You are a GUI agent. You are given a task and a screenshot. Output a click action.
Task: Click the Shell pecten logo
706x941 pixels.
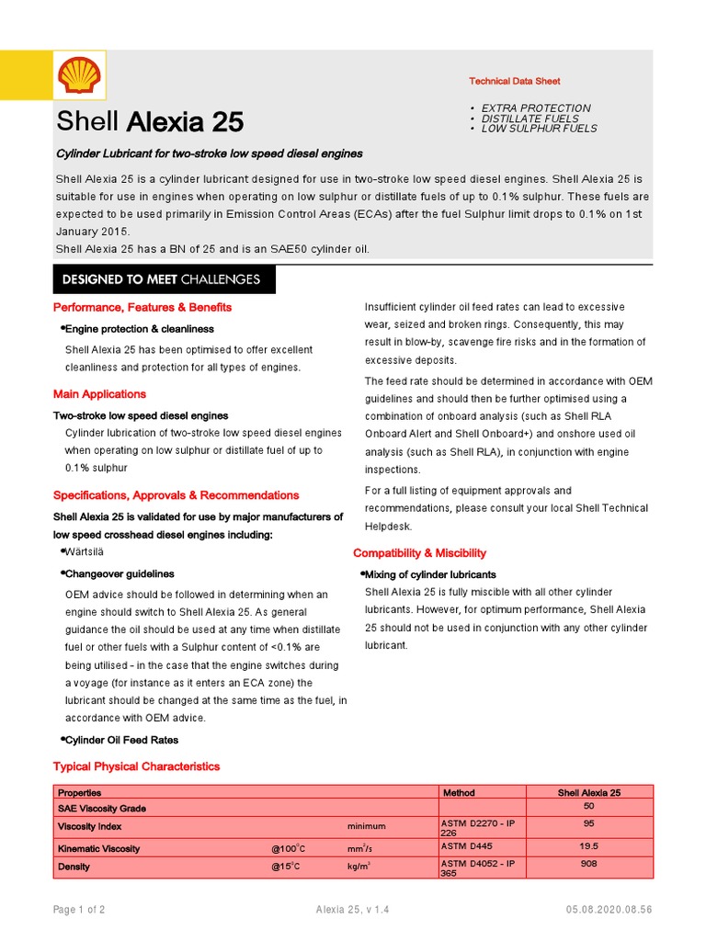coord(78,77)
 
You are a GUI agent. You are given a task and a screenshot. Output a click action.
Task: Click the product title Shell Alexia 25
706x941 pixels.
coord(150,121)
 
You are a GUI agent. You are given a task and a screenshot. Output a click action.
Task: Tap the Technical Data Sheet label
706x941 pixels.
coord(514,82)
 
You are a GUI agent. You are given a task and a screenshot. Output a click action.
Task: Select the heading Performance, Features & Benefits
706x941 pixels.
coord(142,307)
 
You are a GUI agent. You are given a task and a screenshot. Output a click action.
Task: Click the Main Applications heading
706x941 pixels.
coord(99,394)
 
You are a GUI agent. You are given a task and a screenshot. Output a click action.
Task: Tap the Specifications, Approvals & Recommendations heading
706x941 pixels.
coord(176,495)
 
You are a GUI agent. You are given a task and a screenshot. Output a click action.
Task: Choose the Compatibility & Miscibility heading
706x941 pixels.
coord(419,553)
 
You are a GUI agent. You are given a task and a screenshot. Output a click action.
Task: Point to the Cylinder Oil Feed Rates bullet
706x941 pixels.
coord(121,740)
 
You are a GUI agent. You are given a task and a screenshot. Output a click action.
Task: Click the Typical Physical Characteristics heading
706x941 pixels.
coord(136,766)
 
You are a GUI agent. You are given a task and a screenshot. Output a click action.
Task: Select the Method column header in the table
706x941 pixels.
coord(459,792)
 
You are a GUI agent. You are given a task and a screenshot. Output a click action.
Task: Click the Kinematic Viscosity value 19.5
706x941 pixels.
coord(588,846)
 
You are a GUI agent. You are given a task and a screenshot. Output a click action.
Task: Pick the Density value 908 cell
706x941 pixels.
coord(588,865)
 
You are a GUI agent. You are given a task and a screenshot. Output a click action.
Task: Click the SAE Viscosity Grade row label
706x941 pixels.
coord(102,808)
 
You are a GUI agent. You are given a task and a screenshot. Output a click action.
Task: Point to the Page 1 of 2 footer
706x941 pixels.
coord(79,910)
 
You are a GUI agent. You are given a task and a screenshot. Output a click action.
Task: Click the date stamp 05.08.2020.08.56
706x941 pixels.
coord(609,910)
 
